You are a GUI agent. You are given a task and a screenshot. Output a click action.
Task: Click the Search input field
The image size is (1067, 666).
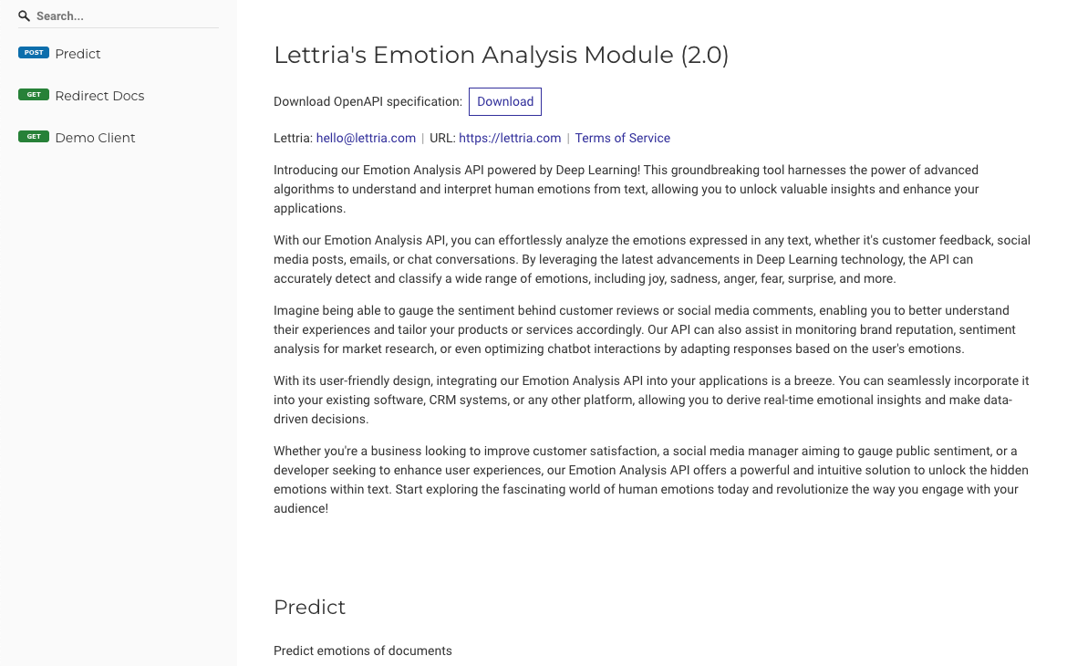(x=123, y=16)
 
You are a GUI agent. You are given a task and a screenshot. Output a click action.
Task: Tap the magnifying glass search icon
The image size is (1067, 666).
(x=25, y=16)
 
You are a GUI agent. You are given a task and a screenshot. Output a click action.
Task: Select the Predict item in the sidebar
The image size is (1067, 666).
(x=78, y=54)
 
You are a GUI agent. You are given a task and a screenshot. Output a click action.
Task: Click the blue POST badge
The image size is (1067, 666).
(x=34, y=53)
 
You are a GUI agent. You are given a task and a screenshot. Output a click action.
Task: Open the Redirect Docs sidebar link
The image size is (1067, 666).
(x=99, y=96)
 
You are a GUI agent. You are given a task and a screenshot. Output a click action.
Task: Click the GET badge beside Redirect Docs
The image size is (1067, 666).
(x=34, y=95)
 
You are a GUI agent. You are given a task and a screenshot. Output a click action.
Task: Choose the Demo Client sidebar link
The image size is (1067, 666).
(x=95, y=138)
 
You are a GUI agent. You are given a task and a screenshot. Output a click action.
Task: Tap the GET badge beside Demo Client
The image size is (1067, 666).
(x=34, y=137)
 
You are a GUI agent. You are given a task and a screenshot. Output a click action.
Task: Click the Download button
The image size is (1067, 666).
(x=505, y=101)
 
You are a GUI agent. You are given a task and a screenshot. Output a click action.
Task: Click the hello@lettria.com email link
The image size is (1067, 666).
(x=366, y=139)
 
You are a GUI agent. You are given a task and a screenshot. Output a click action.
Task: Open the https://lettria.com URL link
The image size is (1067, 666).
(x=510, y=139)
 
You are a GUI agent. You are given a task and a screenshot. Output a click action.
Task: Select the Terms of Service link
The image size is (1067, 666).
(x=622, y=139)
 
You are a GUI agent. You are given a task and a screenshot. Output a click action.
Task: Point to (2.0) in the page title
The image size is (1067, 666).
(x=705, y=56)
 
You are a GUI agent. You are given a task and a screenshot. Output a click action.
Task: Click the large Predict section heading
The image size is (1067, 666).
(x=310, y=608)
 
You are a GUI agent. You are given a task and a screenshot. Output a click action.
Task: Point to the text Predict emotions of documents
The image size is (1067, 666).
(x=363, y=651)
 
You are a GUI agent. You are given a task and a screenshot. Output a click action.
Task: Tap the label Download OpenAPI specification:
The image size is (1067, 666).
(x=368, y=101)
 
